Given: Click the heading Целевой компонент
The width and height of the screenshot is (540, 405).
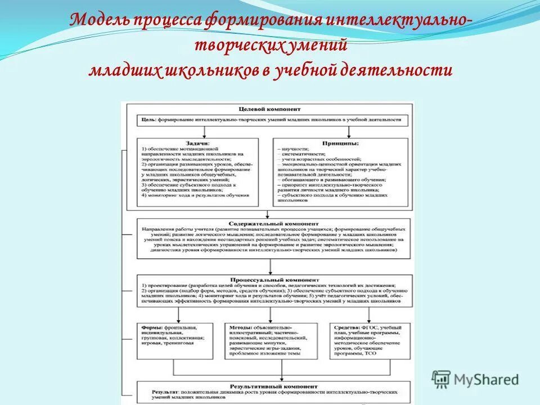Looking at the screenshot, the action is pos(268,109).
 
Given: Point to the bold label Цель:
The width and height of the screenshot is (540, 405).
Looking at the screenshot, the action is pos(148,120).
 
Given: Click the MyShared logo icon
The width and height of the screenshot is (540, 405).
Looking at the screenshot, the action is pos(442,379).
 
